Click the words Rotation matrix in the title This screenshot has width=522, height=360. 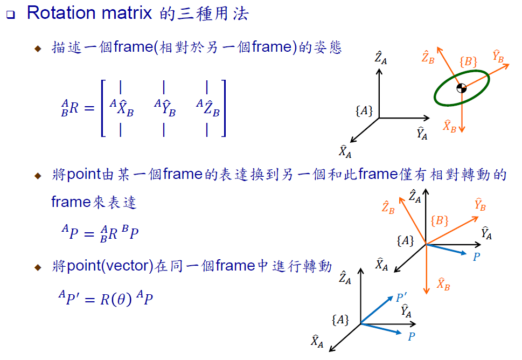89,13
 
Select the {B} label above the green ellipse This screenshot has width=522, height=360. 468,61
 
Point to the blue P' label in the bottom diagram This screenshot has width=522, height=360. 402,297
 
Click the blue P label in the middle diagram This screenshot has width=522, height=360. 476,257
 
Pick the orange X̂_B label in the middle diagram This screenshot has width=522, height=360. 443,283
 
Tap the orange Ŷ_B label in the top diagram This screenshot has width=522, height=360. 497,56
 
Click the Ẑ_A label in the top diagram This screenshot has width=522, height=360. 380,57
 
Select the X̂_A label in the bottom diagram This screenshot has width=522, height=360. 317,341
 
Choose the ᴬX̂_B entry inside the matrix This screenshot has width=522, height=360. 122,108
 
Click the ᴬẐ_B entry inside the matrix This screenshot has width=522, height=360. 208,108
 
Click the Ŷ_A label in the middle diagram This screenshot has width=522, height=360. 486,233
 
